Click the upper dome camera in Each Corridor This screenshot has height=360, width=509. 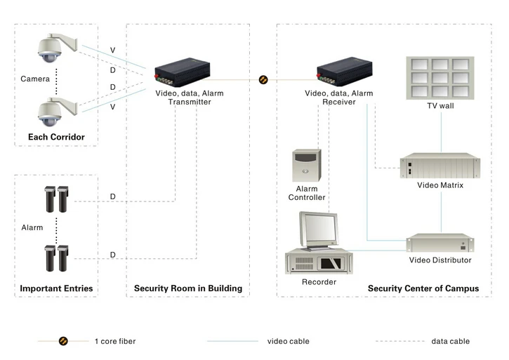tap(57, 48)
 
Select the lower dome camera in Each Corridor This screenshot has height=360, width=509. tap(57, 112)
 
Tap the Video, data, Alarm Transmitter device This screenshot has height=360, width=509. tap(182, 72)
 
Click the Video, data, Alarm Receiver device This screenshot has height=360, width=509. tap(345, 72)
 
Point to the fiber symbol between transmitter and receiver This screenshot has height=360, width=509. tap(263, 79)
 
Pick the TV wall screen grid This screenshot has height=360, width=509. tap(440, 78)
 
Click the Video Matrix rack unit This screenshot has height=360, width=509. tap(440, 166)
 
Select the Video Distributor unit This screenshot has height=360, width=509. tap(440, 243)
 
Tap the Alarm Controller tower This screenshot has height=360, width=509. tap(307, 165)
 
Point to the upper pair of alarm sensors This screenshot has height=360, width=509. tap(56, 199)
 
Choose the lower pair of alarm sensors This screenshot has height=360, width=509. tap(56, 258)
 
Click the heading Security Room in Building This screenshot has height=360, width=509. tap(188, 288)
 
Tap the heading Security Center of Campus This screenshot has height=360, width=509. tap(423, 288)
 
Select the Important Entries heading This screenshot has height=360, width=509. tap(56, 288)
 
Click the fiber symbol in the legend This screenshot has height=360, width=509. tap(63, 341)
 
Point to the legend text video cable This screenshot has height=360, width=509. tap(289, 341)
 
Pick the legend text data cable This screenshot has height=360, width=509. tap(451, 341)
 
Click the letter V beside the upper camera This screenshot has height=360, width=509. tap(112, 51)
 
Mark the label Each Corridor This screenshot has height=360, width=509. tap(56, 137)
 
